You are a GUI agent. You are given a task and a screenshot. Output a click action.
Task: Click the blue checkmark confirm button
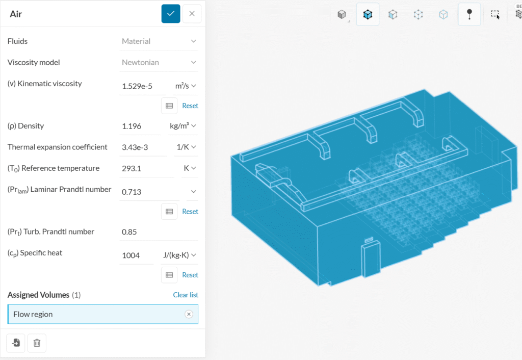[171, 14]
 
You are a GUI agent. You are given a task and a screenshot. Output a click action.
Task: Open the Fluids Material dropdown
[159, 41]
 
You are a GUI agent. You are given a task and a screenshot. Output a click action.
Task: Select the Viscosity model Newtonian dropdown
[159, 62]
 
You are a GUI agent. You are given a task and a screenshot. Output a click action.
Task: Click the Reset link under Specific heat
[190, 275]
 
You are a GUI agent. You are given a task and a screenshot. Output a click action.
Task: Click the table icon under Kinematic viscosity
[169, 106]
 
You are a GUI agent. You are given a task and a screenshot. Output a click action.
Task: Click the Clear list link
[186, 295]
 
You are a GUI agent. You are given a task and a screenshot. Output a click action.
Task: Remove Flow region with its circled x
[189, 314]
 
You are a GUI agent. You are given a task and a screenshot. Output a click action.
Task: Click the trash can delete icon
[37, 343]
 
